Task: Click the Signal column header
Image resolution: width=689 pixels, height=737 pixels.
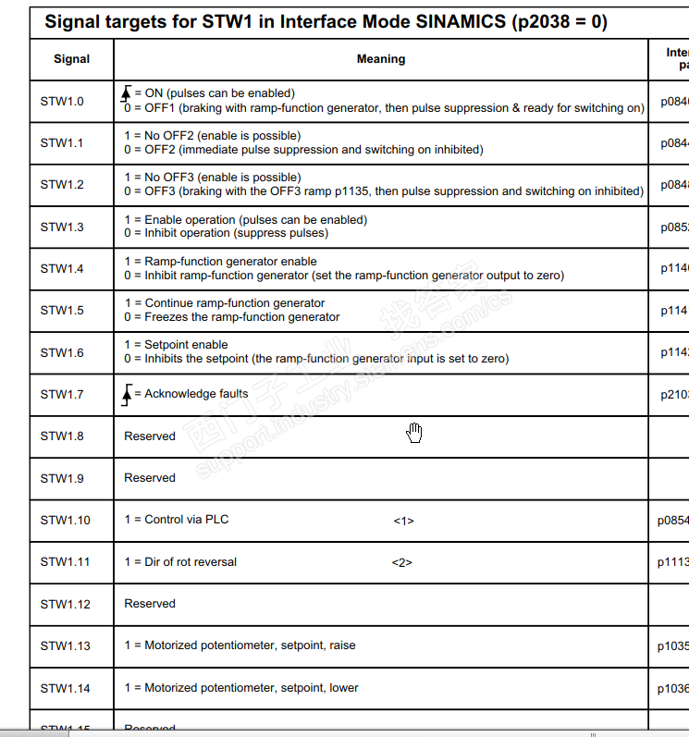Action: pos(71,59)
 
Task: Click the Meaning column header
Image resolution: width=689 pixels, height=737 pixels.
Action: pos(381,59)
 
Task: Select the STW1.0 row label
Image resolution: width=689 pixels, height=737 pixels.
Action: pos(62,101)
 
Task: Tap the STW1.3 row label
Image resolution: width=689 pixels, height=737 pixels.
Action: pos(62,227)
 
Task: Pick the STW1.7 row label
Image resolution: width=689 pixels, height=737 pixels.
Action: pos(62,395)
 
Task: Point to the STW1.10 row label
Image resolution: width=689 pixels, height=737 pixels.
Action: pos(65,521)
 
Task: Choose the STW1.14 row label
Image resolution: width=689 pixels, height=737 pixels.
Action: pos(65,688)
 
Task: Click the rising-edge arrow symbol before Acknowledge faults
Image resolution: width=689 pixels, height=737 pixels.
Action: pos(128,395)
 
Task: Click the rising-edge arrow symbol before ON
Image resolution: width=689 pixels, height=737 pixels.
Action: pos(128,93)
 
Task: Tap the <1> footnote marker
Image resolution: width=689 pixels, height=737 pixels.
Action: pos(403,521)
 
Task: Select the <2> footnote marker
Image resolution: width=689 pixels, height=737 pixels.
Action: pos(401,562)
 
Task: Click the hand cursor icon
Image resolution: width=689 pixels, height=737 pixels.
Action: pos(414,432)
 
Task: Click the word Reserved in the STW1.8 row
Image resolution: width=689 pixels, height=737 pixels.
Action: pos(150,436)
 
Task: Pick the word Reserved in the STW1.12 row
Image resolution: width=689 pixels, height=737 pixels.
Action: pos(150,604)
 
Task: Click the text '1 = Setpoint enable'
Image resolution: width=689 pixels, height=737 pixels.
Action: pos(176,345)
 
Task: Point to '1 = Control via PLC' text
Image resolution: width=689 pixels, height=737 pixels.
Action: pos(177,520)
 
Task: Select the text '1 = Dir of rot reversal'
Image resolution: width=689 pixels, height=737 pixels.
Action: pos(180,561)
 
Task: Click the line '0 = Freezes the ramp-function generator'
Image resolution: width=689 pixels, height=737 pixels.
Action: pos(232,317)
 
